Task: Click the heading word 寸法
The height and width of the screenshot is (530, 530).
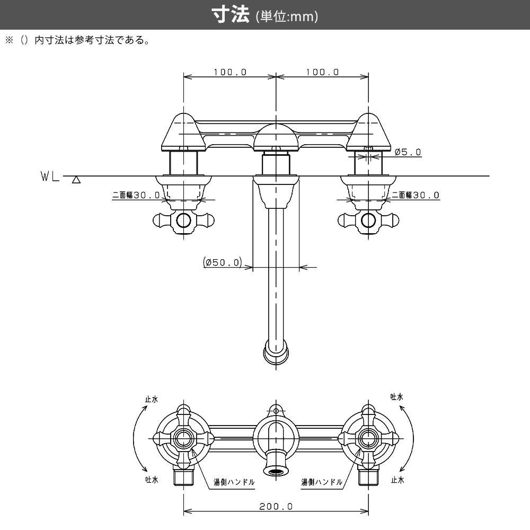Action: (x=231, y=15)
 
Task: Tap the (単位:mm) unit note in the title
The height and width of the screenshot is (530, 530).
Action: (x=287, y=17)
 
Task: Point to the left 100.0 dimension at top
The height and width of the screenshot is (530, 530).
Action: (x=230, y=72)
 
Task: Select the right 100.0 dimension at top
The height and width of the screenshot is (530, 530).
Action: (x=322, y=72)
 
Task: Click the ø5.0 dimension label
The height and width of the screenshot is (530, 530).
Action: (x=408, y=152)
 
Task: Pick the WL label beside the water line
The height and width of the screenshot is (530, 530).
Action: (x=50, y=176)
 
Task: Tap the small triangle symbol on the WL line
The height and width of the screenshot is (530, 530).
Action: (x=76, y=180)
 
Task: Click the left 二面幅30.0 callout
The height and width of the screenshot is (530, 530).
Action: (x=136, y=195)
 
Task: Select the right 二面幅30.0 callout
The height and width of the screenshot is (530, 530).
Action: (x=416, y=195)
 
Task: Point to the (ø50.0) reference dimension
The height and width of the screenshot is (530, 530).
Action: (x=222, y=262)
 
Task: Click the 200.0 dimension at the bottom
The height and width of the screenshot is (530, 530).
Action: (x=276, y=506)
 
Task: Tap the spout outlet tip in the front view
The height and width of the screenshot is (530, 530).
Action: (x=276, y=354)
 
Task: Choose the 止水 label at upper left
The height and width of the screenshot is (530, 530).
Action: (x=152, y=400)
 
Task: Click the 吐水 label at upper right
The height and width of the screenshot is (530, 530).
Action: (x=397, y=396)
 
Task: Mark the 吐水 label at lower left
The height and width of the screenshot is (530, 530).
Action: (x=152, y=480)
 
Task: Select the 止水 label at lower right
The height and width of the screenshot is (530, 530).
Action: (x=397, y=480)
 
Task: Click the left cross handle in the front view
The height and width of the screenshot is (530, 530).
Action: (x=183, y=220)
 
